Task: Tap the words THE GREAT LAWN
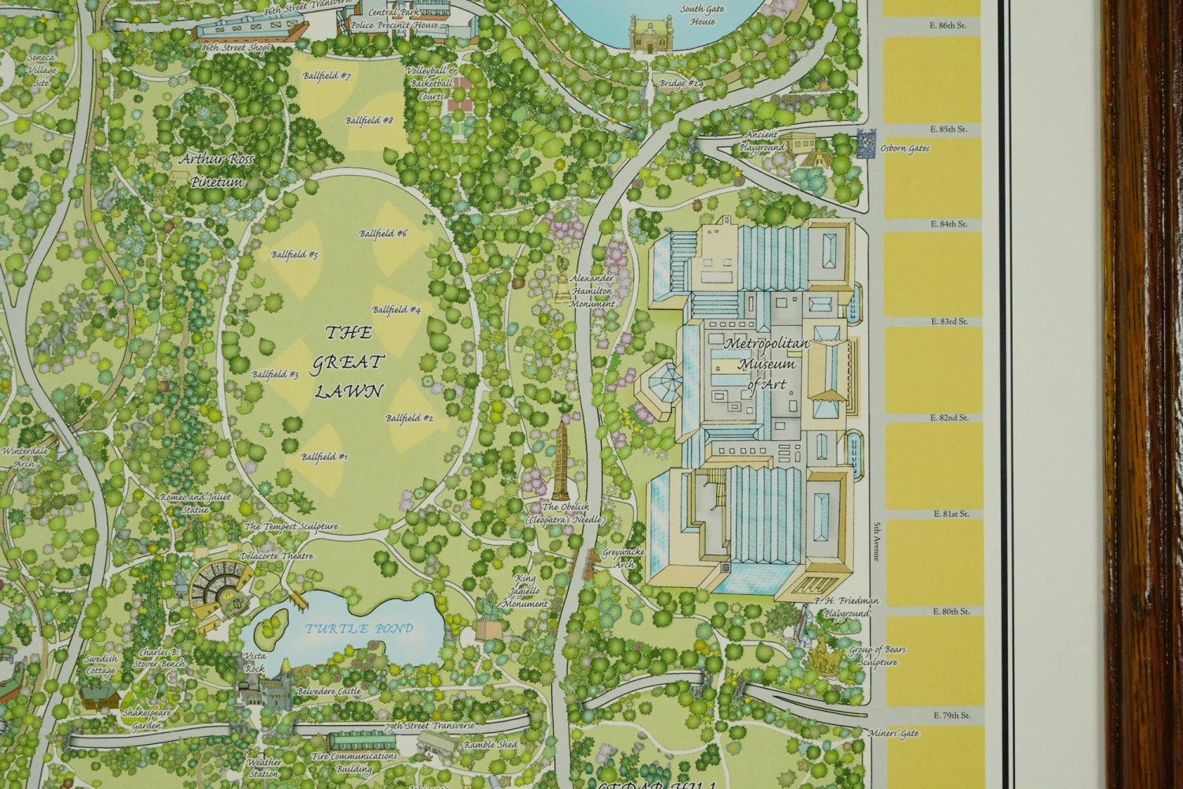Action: [x=349, y=362]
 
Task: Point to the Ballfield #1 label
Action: [x=324, y=457]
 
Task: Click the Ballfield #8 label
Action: [x=369, y=121]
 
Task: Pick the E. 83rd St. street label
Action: [x=950, y=322]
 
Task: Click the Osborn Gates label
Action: [x=905, y=148]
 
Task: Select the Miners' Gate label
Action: [x=894, y=734]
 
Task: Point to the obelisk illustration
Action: [x=561, y=458]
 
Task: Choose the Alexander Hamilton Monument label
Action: [x=592, y=291]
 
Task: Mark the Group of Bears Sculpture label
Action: [x=877, y=656]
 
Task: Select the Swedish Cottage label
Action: [x=101, y=664]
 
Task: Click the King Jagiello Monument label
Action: [x=526, y=591]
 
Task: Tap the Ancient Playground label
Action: [x=762, y=141]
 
